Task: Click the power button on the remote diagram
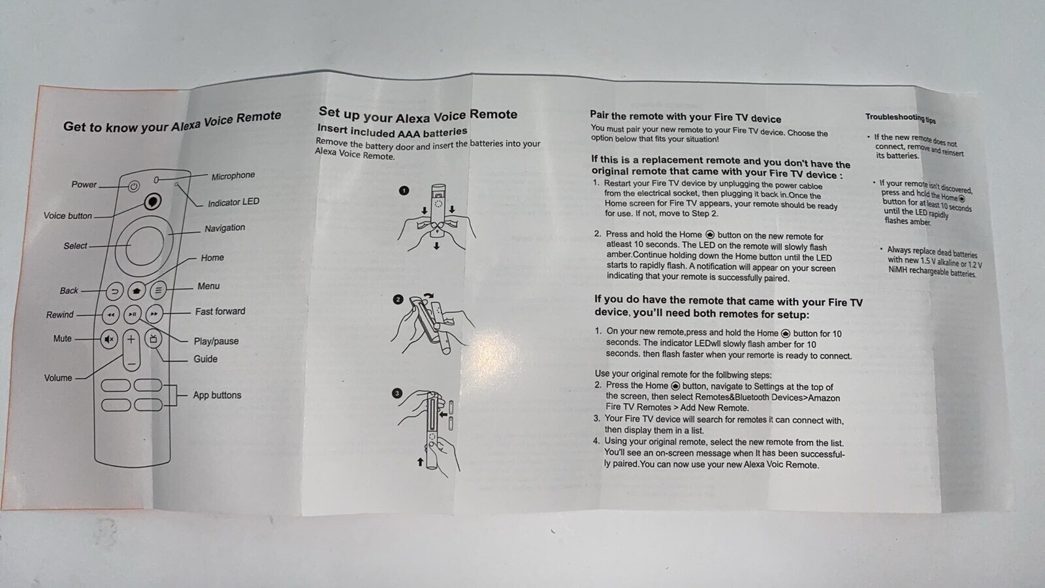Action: tap(134, 187)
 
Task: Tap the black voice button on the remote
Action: tap(152, 202)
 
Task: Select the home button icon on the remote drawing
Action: tap(137, 290)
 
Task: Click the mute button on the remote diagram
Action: tap(109, 339)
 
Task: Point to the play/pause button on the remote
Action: tap(133, 314)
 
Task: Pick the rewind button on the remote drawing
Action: tap(110, 315)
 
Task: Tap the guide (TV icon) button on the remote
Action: tap(153, 339)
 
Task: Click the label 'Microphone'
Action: tap(233, 176)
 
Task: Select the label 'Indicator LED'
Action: tap(234, 203)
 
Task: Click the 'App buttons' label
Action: tap(217, 395)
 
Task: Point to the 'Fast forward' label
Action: tap(220, 311)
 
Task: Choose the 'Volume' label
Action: tap(58, 378)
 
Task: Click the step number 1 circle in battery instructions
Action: tap(404, 190)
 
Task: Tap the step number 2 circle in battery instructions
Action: tap(398, 300)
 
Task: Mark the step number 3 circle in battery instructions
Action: tap(397, 393)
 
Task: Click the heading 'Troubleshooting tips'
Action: tap(901, 118)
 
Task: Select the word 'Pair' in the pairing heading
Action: tap(599, 115)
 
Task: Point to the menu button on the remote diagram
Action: tap(158, 290)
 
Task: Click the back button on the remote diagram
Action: tap(115, 291)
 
